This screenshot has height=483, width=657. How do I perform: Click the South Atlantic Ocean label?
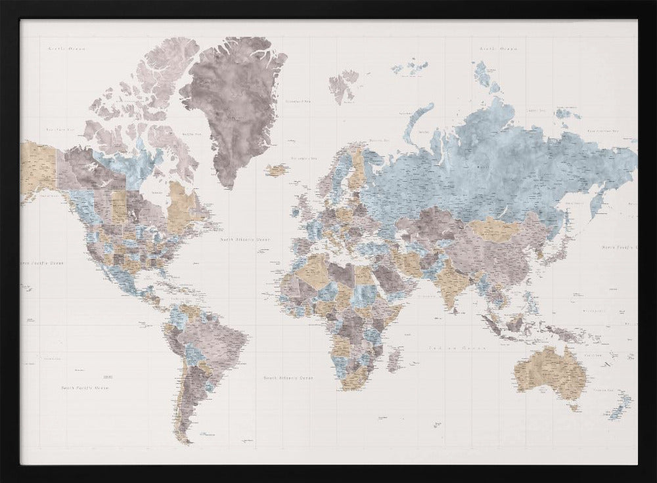pyautogui.click(x=288, y=378)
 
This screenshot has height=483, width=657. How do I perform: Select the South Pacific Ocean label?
pyautogui.click(x=85, y=388)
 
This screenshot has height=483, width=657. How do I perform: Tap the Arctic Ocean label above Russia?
pyautogui.click(x=498, y=49)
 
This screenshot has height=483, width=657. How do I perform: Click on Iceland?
pyautogui.click(x=277, y=170)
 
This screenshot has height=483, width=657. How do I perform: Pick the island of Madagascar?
pyautogui.click(x=394, y=360)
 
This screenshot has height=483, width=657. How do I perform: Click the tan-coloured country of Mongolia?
pyautogui.click(x=497, y=230)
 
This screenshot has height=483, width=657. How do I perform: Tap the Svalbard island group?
pyautogui.click(x=343, y=85)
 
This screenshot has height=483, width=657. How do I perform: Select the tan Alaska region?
pyautogui.click(x=38, y=167)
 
